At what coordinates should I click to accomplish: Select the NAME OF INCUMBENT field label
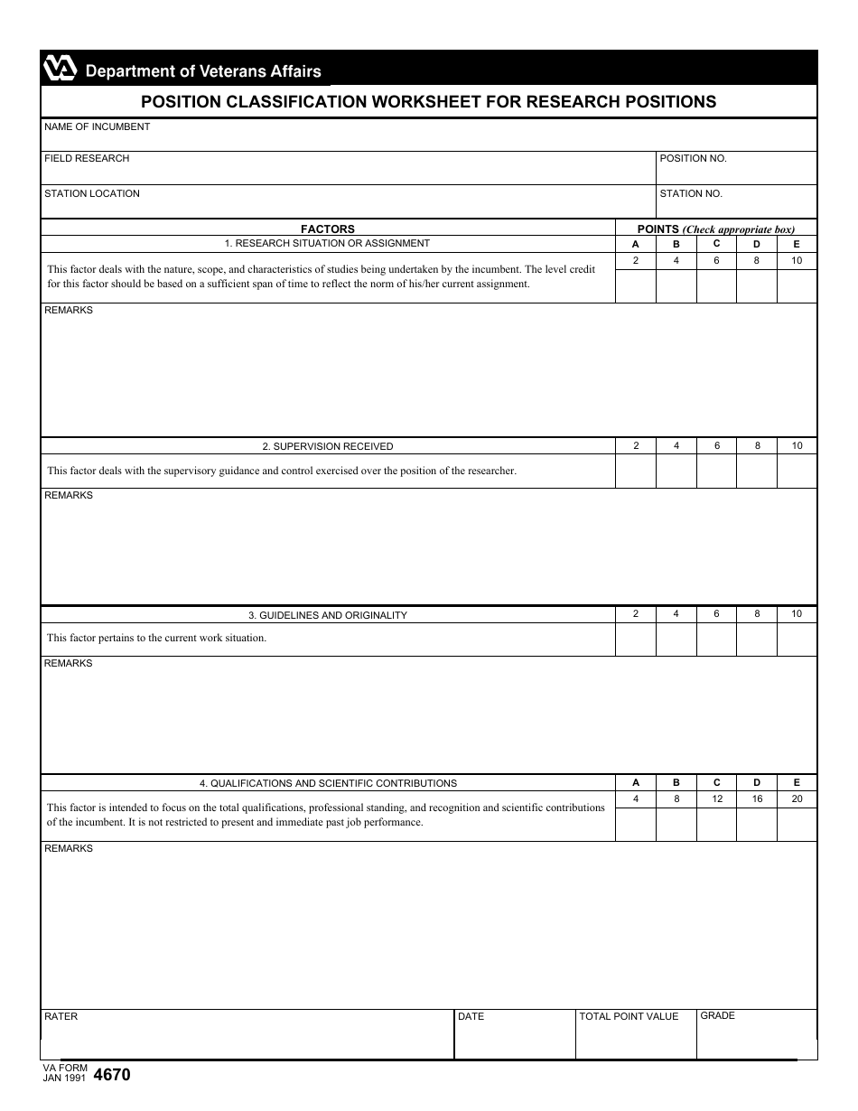[98, 127]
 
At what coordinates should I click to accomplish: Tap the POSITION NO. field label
[693, 159]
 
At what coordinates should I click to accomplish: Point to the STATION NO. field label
[691, 194]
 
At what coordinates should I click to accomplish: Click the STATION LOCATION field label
[92, 194]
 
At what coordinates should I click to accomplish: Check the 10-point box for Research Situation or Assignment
[797, 285]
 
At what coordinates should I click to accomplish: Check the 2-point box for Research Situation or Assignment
[635, 285]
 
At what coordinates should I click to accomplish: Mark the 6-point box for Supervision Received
[716, 471]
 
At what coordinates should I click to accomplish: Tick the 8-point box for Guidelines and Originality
[757, 639]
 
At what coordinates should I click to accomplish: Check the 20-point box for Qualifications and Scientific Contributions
[797, 824]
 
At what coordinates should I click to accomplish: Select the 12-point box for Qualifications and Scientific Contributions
[716, 824]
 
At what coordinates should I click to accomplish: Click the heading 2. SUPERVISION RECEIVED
[328, 446]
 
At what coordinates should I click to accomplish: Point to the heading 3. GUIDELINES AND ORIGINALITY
[328, 615]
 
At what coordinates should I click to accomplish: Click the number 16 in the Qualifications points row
[757, 799]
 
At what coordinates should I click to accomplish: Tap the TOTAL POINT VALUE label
[629, 1017]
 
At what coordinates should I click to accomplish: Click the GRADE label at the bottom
[718, 1016]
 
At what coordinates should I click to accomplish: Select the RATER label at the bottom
[61, 1017]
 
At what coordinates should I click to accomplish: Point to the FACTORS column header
[328, 229]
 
